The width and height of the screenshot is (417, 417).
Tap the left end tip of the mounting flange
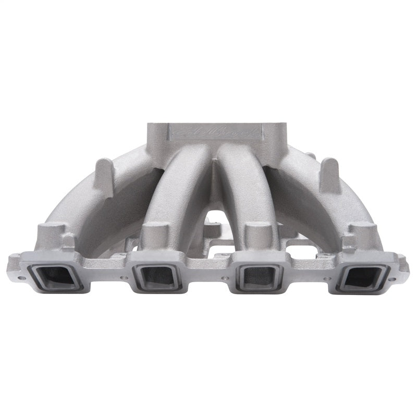coord(11,271)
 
